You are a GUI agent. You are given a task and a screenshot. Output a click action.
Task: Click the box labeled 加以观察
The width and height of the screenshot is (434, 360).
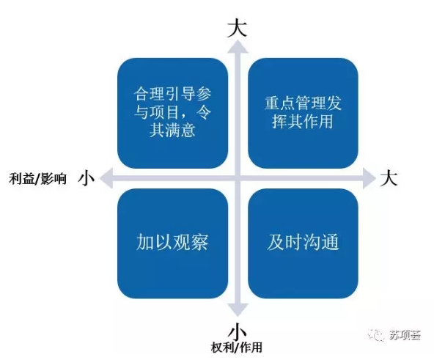tap(173, 243)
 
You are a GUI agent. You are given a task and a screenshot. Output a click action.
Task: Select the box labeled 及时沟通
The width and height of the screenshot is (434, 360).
tap(303, 243)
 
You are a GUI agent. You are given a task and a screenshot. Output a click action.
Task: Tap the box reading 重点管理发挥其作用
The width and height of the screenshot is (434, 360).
tap(303, 113)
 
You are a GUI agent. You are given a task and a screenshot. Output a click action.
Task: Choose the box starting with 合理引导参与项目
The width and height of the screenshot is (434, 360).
tap(173, 113)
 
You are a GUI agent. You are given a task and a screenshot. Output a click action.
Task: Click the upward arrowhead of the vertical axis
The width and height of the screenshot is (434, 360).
tap(238, 46)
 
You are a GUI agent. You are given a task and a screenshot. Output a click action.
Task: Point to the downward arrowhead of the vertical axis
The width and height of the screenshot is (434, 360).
tap(238, 310)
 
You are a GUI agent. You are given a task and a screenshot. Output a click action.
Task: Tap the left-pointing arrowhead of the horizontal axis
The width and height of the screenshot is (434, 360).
tap(106, 178)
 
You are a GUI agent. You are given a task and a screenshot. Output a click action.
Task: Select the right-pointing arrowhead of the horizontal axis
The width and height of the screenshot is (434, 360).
tap(369, 178)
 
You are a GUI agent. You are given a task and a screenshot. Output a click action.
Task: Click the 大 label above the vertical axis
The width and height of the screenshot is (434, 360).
tap(237, 28)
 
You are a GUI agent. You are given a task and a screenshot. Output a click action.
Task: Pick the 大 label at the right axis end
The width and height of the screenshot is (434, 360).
tap(389, 177)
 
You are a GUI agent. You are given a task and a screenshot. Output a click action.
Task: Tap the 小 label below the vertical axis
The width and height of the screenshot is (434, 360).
tap(238, 331)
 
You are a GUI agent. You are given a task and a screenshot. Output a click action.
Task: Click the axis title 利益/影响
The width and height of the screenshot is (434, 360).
tap(37, 179)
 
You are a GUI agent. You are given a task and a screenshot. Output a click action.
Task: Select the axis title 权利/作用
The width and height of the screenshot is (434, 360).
tap(237, 348)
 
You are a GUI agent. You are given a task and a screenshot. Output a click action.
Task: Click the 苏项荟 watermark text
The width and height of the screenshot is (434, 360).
tap(405, 335)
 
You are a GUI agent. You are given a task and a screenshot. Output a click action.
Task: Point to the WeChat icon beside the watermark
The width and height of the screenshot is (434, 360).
tap(377, 335)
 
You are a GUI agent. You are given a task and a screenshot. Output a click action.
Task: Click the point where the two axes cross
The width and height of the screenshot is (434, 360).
tap(238, 178)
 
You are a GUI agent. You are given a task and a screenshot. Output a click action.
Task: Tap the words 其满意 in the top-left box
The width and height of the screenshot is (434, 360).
tap(172, 130)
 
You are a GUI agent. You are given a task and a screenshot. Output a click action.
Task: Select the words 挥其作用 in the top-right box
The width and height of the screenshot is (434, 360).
tap(303, 121)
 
